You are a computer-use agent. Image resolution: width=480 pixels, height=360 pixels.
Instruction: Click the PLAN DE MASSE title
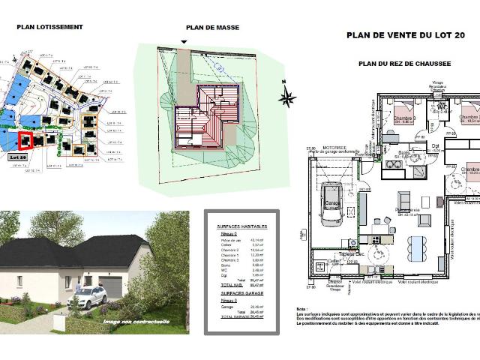[212, 28]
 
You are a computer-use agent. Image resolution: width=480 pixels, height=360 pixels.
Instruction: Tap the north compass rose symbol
[287, 96]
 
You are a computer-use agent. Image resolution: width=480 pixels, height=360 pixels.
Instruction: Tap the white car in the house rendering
[91, 297]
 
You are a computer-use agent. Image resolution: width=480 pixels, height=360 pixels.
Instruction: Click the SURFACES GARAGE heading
[237, 293]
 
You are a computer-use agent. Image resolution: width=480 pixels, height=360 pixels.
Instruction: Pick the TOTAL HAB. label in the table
[230, 286]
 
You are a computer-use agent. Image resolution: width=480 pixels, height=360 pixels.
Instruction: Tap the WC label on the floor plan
[442, 107]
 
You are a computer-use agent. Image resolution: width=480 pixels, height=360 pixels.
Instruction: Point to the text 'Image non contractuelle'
[136, 322]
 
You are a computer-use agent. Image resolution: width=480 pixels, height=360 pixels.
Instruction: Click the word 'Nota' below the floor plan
[301, 310]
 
